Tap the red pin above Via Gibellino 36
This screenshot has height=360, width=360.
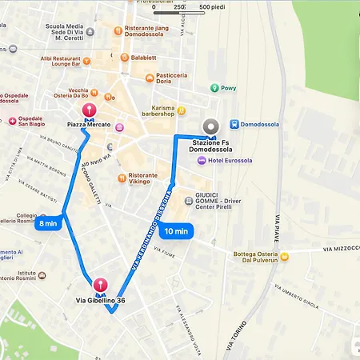coord(101,284)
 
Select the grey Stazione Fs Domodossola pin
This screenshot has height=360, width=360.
coord(211,126)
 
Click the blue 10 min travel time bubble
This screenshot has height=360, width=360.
coord(175,232)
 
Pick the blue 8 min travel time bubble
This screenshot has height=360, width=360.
coord(48,223)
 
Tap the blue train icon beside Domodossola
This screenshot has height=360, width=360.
coord(234,124)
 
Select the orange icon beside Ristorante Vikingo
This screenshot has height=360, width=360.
coord(121,177)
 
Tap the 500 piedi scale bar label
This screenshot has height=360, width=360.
coord(211,7)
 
